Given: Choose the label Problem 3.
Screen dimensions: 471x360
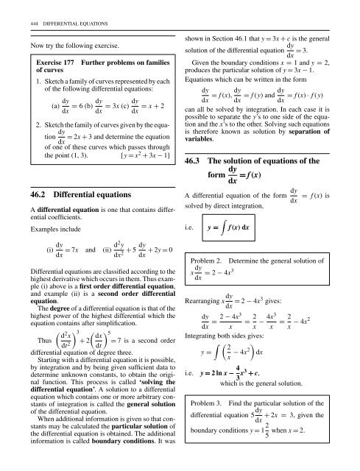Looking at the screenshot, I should [215, 406].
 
